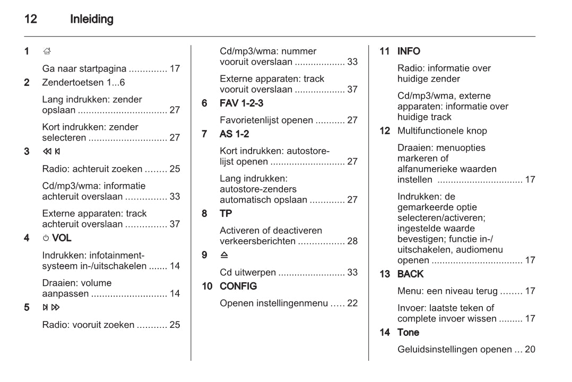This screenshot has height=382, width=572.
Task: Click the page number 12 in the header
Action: point(31,19)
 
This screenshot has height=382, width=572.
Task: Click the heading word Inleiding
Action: point(92,19)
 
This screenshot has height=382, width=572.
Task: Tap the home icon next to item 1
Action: point(47,51)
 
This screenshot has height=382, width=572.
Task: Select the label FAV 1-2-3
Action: point(241,103)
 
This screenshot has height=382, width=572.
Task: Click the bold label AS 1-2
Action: point(234,134)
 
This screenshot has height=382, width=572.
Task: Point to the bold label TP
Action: point(226,213)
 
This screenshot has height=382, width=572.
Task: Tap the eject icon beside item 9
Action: point(224,255)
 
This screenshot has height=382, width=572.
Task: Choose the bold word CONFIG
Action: point(238,286)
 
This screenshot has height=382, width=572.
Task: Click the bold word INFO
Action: point(409,51)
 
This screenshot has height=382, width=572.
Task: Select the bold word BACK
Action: point(410,274)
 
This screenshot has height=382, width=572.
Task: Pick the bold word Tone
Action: point(408,332)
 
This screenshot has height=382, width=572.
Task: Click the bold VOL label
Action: point(62,238)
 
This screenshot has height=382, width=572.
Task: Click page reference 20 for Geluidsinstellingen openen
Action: point(530,349)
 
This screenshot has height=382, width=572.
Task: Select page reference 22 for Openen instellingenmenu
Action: point(352,303)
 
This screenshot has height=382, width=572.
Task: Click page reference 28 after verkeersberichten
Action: point(352,241)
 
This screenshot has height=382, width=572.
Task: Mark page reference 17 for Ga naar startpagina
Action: point(175,68)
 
